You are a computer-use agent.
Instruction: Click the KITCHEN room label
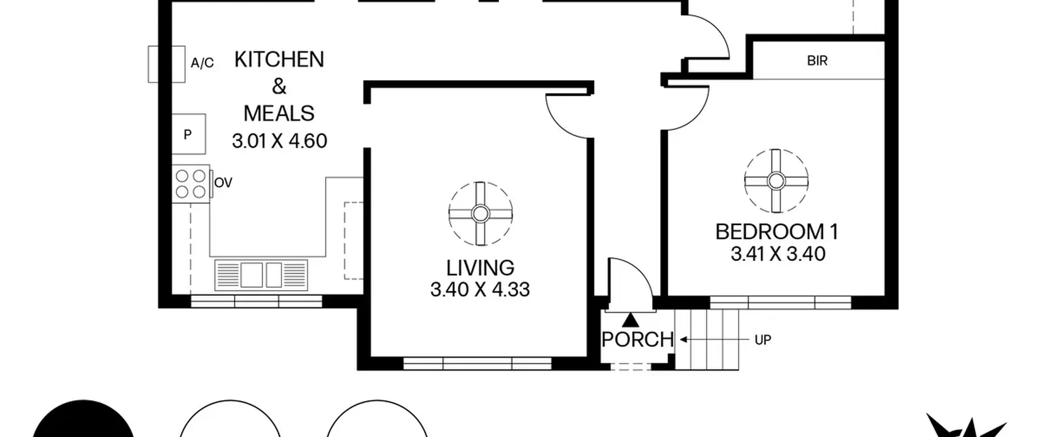[x=279, y=60]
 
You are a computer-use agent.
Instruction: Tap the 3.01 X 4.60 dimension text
[x=279, y=141]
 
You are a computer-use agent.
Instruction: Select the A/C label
[x=202, y=63]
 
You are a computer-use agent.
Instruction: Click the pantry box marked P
[x=188, y=134]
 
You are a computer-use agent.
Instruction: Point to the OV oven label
[x=223, y=183]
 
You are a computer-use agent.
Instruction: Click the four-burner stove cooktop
[x=191, y=184]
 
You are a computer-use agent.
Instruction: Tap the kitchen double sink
[x=261, y=275]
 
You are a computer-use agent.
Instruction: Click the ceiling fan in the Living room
[x=481, y=213]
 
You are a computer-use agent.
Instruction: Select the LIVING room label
[x=480, y=268]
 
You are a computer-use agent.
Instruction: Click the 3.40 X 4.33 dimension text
[x=480, y=290]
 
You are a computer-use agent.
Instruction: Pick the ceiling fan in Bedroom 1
[x=776, y=181]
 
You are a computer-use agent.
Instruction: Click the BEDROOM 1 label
[x=777, y=232]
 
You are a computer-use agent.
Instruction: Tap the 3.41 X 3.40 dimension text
[x=778, y=254]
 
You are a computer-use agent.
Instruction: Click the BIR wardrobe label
[x=817, y=61]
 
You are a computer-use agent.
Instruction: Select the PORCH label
[x=637, y=339]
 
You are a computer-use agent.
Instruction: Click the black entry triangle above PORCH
[x=631, y=320]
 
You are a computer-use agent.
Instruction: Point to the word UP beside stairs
[x=763, y=340]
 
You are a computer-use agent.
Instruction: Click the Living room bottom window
[x=477, y=363]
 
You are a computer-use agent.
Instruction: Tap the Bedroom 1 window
[x=781, y=302]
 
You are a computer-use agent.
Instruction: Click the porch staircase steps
[x=707, y=339]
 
